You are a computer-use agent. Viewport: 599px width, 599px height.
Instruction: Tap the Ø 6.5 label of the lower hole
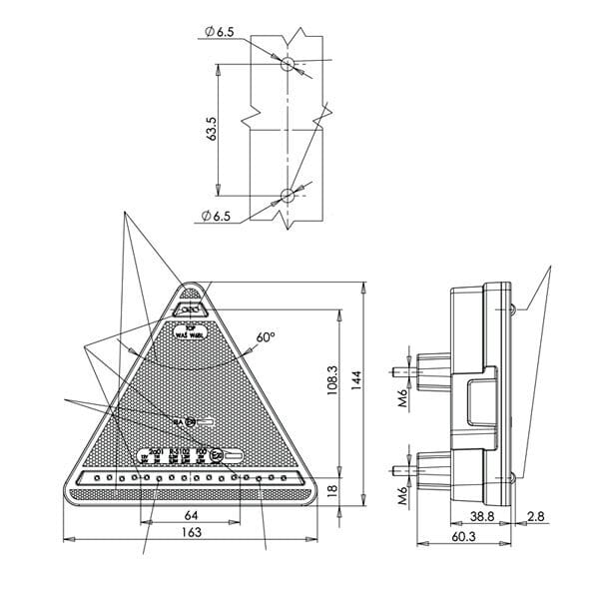tap(218, 216)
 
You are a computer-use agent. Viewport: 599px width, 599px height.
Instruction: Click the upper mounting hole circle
tap(288, 65)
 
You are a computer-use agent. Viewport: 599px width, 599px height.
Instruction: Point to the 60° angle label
tap(265, 338)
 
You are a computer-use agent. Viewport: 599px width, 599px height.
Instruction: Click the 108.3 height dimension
tap(332, 380)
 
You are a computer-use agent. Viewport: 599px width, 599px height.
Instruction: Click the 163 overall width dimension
tap(192, 533)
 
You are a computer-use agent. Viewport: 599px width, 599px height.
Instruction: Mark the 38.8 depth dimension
tap(481, 517)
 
